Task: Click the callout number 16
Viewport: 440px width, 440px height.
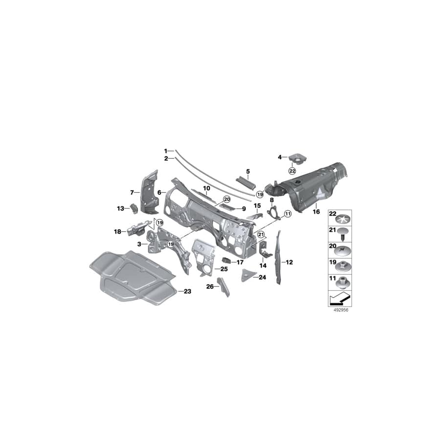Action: (x=316, y=212)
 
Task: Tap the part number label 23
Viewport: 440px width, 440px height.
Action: (x=187, y=291)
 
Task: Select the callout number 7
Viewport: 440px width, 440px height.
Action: (x=132, y=192)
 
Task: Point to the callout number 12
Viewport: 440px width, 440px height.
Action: (x=289, y=263)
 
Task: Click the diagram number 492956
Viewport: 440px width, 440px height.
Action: (x=338, y=309)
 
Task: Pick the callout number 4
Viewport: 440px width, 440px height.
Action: (x=280, y=157)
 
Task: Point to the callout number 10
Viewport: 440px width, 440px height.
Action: (x=206, y=188)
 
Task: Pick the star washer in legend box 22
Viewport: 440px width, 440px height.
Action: (x=344, y=217)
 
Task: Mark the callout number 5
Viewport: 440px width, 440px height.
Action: (x=248, y=171)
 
